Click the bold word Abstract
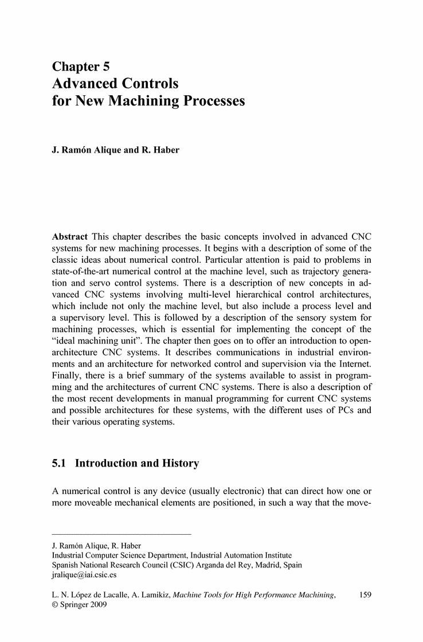(70, 237)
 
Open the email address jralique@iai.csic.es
(84, 574)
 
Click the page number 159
(365, 596)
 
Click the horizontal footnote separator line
(121, 535)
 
